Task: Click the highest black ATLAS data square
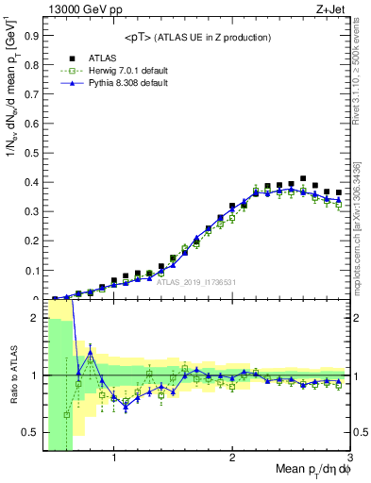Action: [303, 178]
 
